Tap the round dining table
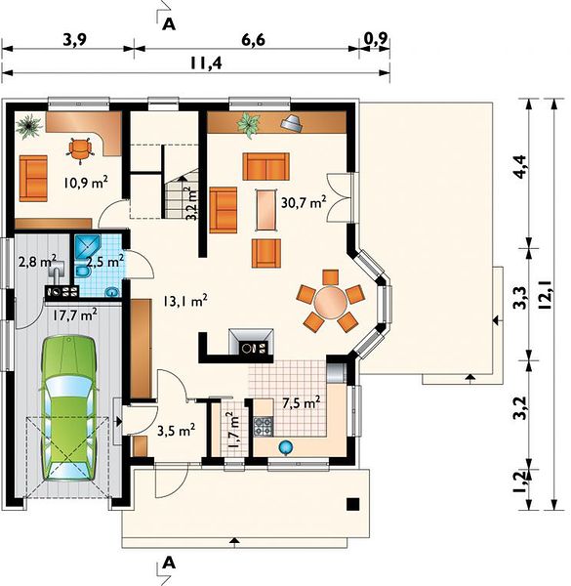(330, 302)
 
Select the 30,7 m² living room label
(304, 202)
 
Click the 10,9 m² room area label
(86, 183)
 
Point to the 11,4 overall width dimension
(206, 63)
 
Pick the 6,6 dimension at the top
(253, 39)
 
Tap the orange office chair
(80, 148)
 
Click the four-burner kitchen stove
(264, 427)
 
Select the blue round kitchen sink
(286, 446)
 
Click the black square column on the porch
(353, 504)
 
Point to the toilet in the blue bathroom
(82, 272)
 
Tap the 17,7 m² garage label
(74, 315)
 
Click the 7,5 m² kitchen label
(301, 403)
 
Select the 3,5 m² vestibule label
(176, 431)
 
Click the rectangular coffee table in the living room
(266, 210)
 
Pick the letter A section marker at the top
(169, 23)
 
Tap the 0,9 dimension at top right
(376, 38)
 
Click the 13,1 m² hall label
(184, 301)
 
